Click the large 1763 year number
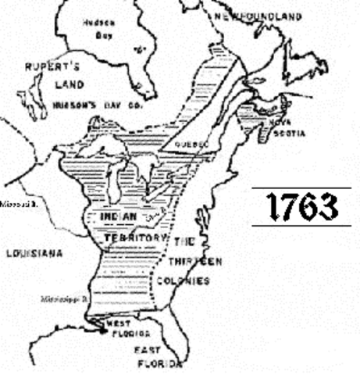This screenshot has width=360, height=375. pyautogui.click(x=302, y=207)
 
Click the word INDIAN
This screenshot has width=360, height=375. pyautogui.click(x=121, y=216)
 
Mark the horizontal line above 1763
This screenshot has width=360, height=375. pyautogui.click(x=301, y=187)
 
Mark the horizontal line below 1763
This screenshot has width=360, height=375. pyautogui.click(x=301, y=226)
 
